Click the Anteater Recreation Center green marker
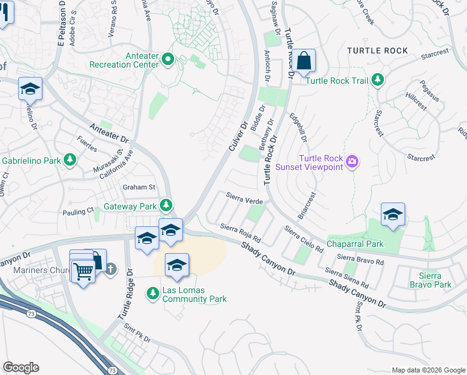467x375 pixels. pos(167,60)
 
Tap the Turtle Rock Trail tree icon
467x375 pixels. pos(377,79)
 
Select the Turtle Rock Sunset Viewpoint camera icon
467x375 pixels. pos(353,162)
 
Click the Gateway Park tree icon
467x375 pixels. pos(165,204)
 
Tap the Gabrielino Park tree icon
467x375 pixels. pos(71,161)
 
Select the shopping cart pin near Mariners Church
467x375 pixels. pos(82,271)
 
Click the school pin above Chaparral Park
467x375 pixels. pos(393,214)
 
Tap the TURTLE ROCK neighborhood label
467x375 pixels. pos(377,51)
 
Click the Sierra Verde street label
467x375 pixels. pos(244,201)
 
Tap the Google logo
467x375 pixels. pos(21,367)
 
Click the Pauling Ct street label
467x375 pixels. pos(77,212)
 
